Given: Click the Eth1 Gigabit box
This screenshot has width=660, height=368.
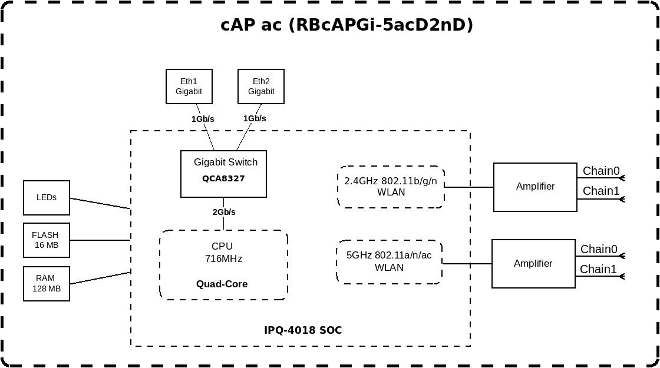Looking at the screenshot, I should pyautogui.click(x=189, y=87).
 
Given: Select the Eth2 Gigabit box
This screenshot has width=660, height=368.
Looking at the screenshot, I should pyautogui.click(x=260, y=87).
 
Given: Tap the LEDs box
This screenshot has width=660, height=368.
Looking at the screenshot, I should pyautogui.click(x=47, y=197).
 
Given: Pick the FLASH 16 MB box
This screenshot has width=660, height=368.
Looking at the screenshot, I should pyautogui.click(x=47, y=240).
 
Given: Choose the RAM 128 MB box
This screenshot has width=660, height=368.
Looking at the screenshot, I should pyautogui.click(x=47, y=283).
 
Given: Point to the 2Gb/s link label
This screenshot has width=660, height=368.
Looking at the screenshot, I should pyautogui.click(x=224, y=212).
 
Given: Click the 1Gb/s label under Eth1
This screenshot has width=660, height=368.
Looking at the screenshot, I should pyautogui.click(x=203, y=119).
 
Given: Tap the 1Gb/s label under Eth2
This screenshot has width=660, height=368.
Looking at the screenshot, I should pyautogui.click(x=255, y=118).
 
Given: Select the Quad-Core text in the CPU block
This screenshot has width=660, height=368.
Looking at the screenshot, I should pyautogui.click(x=222, y=284).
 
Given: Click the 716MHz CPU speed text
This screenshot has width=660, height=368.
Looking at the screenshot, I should pyautogui.click(x=223, y=258).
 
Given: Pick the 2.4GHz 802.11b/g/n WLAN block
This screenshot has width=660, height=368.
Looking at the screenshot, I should pyautogui.click(x=391, y=186).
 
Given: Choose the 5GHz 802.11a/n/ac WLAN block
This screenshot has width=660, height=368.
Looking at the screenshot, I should pyautogui.click(x=390, y=261).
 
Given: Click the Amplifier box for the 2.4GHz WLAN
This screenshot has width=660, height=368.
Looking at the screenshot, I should pyautogui.click(x=535, y=187).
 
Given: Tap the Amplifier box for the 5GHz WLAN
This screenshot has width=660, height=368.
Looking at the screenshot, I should pyautogui.click(x=533, y=263).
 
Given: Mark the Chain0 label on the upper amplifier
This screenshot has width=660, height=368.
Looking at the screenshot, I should pyautogui.click(x=601, y=171).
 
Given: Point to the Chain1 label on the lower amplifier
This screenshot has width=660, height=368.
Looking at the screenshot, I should pyautogui.click(x=599, y=269).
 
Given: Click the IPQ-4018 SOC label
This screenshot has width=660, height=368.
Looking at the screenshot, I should pyautogui.click(x=303, y=330).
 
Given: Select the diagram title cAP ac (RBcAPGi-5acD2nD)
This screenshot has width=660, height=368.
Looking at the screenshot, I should pyautogui.click(x=346, y=25).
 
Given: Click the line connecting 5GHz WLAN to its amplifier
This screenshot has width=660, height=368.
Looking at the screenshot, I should pyautogui.click(x=467, y=264).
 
